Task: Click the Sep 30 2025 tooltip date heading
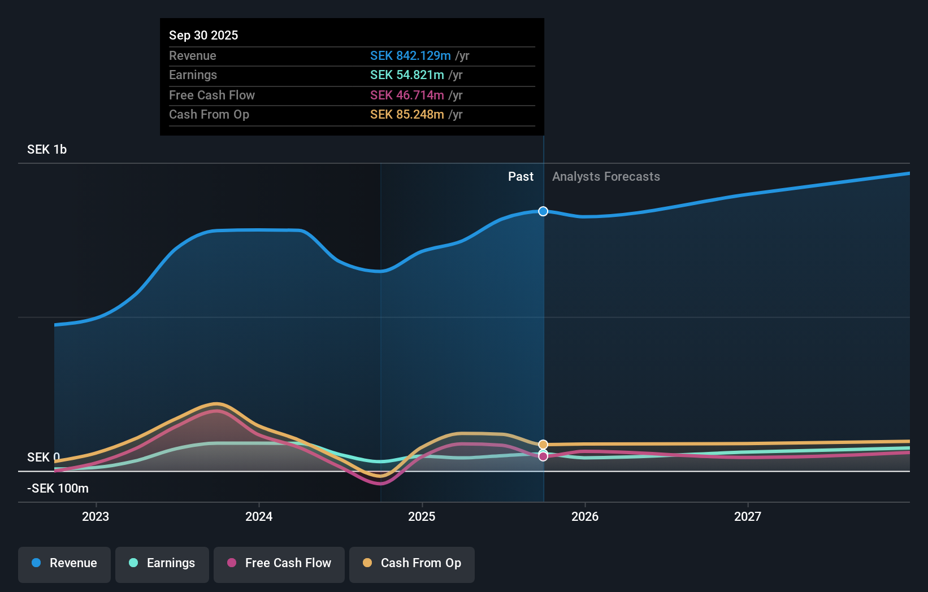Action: pos(203,35)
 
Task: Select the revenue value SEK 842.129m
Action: pos(410,55)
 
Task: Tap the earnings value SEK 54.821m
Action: pos(407,75)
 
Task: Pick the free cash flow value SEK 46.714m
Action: pos(407,95)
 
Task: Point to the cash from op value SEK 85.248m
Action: pos(407,115)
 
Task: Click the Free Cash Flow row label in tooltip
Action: pos(212,95)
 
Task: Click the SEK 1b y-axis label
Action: pos(47,150)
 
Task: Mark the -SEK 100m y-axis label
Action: pos(58,488)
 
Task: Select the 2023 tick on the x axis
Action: pos(96,516)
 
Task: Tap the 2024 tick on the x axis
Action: pos(259,516)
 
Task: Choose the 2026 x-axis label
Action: pos(585,516)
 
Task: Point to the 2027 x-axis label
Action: pos(748,516)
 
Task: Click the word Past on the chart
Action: pos(521,177)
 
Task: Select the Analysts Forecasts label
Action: pos(606,177)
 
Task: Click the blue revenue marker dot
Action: pos(543,211)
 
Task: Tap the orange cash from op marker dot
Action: pos(543,445)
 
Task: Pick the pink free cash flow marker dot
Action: pos(543,456)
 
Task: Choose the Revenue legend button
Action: pos(64,563)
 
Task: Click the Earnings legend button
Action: pos(162,563)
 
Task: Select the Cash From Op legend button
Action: pos(412,563)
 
